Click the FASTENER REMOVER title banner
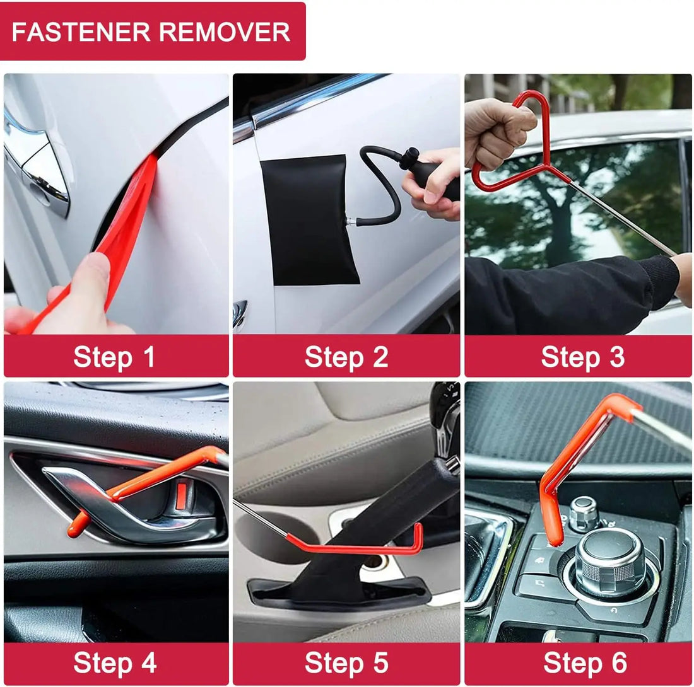click(151, 32)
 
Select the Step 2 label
click(346, 357)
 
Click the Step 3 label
click(582, 357)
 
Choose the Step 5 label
click(346, 663)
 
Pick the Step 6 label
click(584, 663)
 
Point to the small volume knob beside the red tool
click(584, 512)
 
